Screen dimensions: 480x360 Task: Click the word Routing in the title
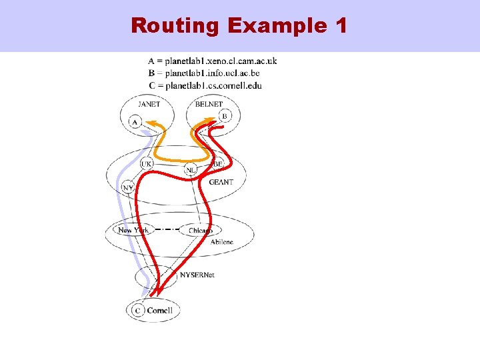176,25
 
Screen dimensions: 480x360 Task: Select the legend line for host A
213,61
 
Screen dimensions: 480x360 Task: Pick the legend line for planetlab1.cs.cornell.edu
205,85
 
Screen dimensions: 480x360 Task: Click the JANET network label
148,104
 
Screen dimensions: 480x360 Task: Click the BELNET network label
209,104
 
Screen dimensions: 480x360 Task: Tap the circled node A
135,122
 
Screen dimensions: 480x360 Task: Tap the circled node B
224,116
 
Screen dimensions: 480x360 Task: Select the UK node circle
147,163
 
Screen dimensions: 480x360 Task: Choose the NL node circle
191,171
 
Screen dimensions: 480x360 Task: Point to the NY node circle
127,187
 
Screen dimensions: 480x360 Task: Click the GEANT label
221,181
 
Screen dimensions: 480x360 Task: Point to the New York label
133,230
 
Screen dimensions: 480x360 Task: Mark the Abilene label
222,242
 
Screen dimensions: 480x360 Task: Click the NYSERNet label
197,274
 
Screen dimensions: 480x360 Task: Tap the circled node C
138,310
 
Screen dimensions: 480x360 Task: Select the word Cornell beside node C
160,310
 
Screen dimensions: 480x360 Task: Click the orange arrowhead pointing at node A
151,124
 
